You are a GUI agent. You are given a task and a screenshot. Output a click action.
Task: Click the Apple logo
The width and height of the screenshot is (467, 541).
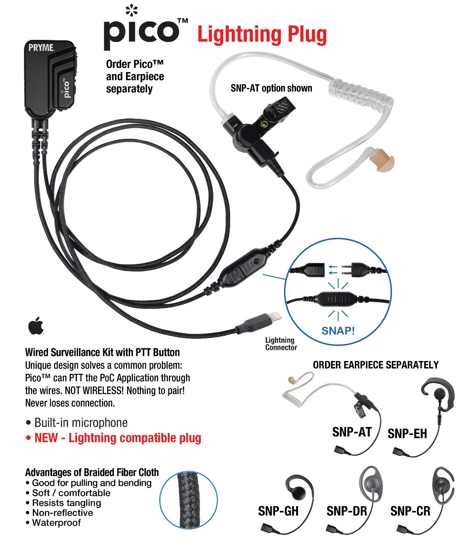(36, 326)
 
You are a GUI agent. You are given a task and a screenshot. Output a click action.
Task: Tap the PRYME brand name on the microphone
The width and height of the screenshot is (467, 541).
(41, 48)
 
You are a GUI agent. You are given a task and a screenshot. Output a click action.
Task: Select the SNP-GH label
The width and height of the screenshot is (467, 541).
(278, 511)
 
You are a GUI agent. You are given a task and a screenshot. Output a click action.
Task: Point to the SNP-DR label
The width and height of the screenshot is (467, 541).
(346, 511)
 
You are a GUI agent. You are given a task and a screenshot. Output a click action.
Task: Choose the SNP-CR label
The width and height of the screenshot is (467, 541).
(410, 511)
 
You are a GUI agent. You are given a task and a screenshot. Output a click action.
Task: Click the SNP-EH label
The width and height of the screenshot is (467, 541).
(407, 433)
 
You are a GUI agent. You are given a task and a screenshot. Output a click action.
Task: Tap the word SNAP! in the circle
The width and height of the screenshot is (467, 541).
(338, 331)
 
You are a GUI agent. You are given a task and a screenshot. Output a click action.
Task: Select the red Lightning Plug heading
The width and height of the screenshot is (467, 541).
(262, 35)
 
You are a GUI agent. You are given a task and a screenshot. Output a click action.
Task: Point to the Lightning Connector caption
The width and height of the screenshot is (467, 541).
(281, 344)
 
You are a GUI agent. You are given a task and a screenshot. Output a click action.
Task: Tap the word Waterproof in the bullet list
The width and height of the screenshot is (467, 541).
(56, 523)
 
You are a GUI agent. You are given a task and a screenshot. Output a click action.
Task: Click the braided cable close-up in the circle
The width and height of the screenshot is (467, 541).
(189, 500)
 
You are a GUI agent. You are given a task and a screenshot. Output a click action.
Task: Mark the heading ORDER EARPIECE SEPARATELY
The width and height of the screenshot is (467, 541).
(375, 365)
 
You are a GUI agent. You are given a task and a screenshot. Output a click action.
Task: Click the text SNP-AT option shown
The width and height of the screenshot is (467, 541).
(271, 88)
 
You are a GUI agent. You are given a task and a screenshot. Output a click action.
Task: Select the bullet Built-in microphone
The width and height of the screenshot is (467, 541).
(81, 423)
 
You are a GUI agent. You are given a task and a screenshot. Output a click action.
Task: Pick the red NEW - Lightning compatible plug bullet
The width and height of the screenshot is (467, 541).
(118, 438)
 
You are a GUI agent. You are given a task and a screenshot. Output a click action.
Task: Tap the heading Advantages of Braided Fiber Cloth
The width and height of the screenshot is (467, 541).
(92, 472)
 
